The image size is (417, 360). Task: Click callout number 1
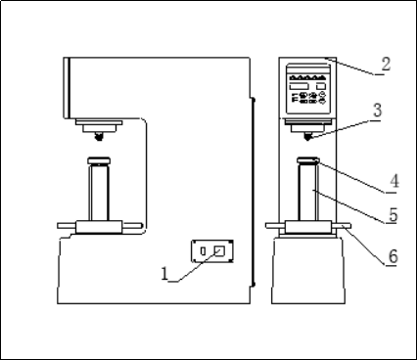coord(164,274)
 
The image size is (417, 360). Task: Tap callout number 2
coord(386,64)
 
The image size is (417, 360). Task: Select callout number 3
coord(377,111)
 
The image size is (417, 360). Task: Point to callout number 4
coord(394,181)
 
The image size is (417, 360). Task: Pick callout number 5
coord(394,215)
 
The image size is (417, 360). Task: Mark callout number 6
coord(393,256)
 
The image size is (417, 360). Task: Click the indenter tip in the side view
coord(99,137)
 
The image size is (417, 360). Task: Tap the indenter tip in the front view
coord(307,137)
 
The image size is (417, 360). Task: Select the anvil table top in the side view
coord(99,160)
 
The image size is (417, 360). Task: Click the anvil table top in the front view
coord(307,160)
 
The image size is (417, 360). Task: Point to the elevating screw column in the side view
coord(99,193)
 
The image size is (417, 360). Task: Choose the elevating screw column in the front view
coord(307,193)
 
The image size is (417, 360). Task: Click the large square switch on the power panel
coord(219,250)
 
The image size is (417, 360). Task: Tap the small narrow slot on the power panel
coord(203,251)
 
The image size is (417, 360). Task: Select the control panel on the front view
coord(308,89)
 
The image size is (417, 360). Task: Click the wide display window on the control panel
coord(299,86)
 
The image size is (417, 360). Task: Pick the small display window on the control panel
coord(321,86)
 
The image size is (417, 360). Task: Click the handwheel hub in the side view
coord(99,227)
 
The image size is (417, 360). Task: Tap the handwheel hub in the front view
coord(308,227)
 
